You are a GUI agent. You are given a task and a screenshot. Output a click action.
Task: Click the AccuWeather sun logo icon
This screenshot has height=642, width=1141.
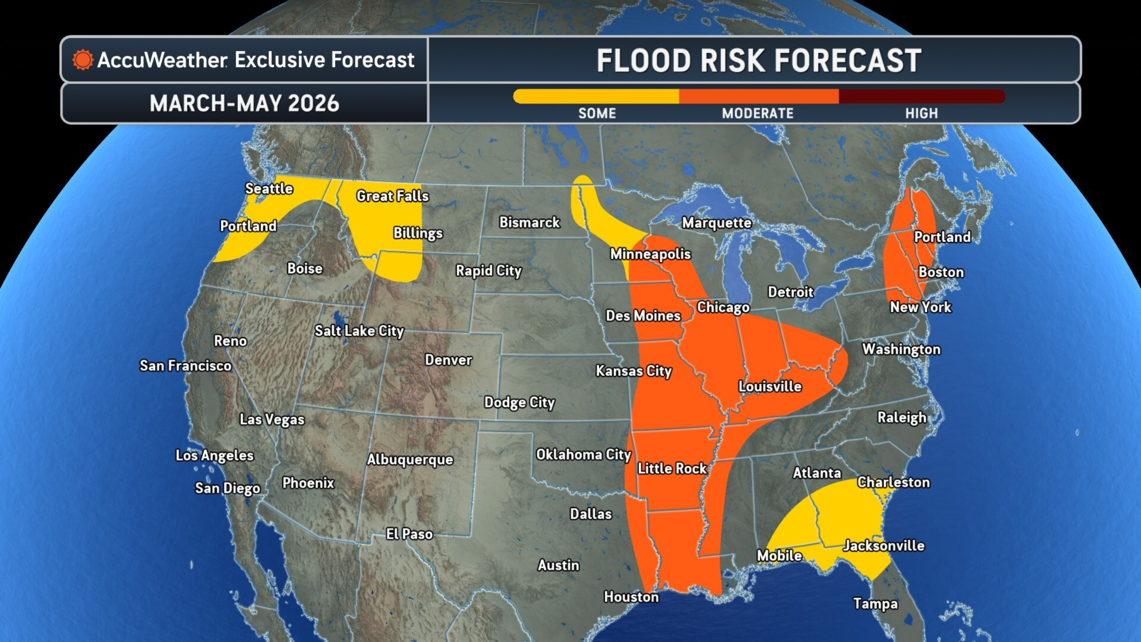(82, 60)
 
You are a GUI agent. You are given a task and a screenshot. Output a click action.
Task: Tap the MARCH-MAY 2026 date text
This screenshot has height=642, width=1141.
(244, 103)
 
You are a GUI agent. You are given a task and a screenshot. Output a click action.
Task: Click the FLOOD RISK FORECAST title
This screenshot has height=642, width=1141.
(759, 61)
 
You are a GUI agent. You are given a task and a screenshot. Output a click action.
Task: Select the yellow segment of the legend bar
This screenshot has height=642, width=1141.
(596, 97)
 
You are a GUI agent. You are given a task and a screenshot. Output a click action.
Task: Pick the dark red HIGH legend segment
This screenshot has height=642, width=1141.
(921, 97)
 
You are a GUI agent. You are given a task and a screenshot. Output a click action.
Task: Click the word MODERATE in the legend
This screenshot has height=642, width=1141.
(757, 113)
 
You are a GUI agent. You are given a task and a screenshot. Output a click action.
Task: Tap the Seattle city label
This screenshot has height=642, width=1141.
(269, 188)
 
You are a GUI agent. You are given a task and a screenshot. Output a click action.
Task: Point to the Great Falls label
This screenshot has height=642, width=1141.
(393, 195)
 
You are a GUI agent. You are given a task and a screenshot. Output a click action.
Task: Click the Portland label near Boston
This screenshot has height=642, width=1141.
(942, 236)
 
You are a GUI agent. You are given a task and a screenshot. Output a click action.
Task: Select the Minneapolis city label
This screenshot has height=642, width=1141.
(650, 254)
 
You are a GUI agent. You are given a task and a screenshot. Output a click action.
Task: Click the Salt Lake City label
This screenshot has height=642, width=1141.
(359, 331)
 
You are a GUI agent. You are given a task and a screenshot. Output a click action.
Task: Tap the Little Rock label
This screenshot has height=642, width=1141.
(672, 468)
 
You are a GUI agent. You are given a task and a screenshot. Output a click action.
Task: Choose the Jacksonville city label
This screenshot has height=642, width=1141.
(884, 545)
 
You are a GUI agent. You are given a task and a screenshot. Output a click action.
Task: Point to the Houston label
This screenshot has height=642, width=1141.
(631, 597)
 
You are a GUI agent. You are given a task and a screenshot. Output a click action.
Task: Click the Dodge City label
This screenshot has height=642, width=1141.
(519, 402)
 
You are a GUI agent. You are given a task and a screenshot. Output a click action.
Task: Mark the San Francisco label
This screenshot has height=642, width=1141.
(185, 365)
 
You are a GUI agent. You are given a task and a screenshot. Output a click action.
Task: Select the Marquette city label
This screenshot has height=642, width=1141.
(717, 223)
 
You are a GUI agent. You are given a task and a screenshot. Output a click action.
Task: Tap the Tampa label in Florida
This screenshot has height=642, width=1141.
(875, 603)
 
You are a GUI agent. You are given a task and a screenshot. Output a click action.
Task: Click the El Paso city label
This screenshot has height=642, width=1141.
(409, 534)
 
